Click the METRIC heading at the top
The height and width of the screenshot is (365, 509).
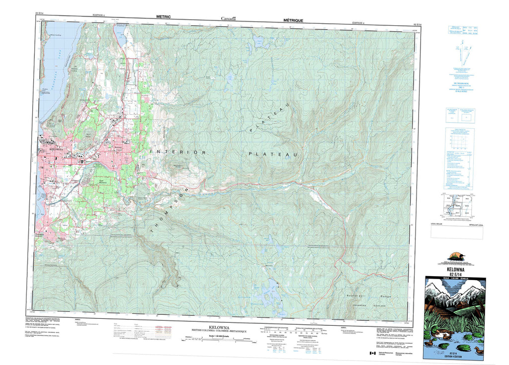(164, 16)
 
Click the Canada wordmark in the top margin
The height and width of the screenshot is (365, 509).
(228, 19)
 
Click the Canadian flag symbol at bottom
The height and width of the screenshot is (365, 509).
(371, 353)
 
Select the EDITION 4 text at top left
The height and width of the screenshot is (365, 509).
(99, 16)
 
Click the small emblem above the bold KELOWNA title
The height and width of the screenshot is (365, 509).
(458, 257)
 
